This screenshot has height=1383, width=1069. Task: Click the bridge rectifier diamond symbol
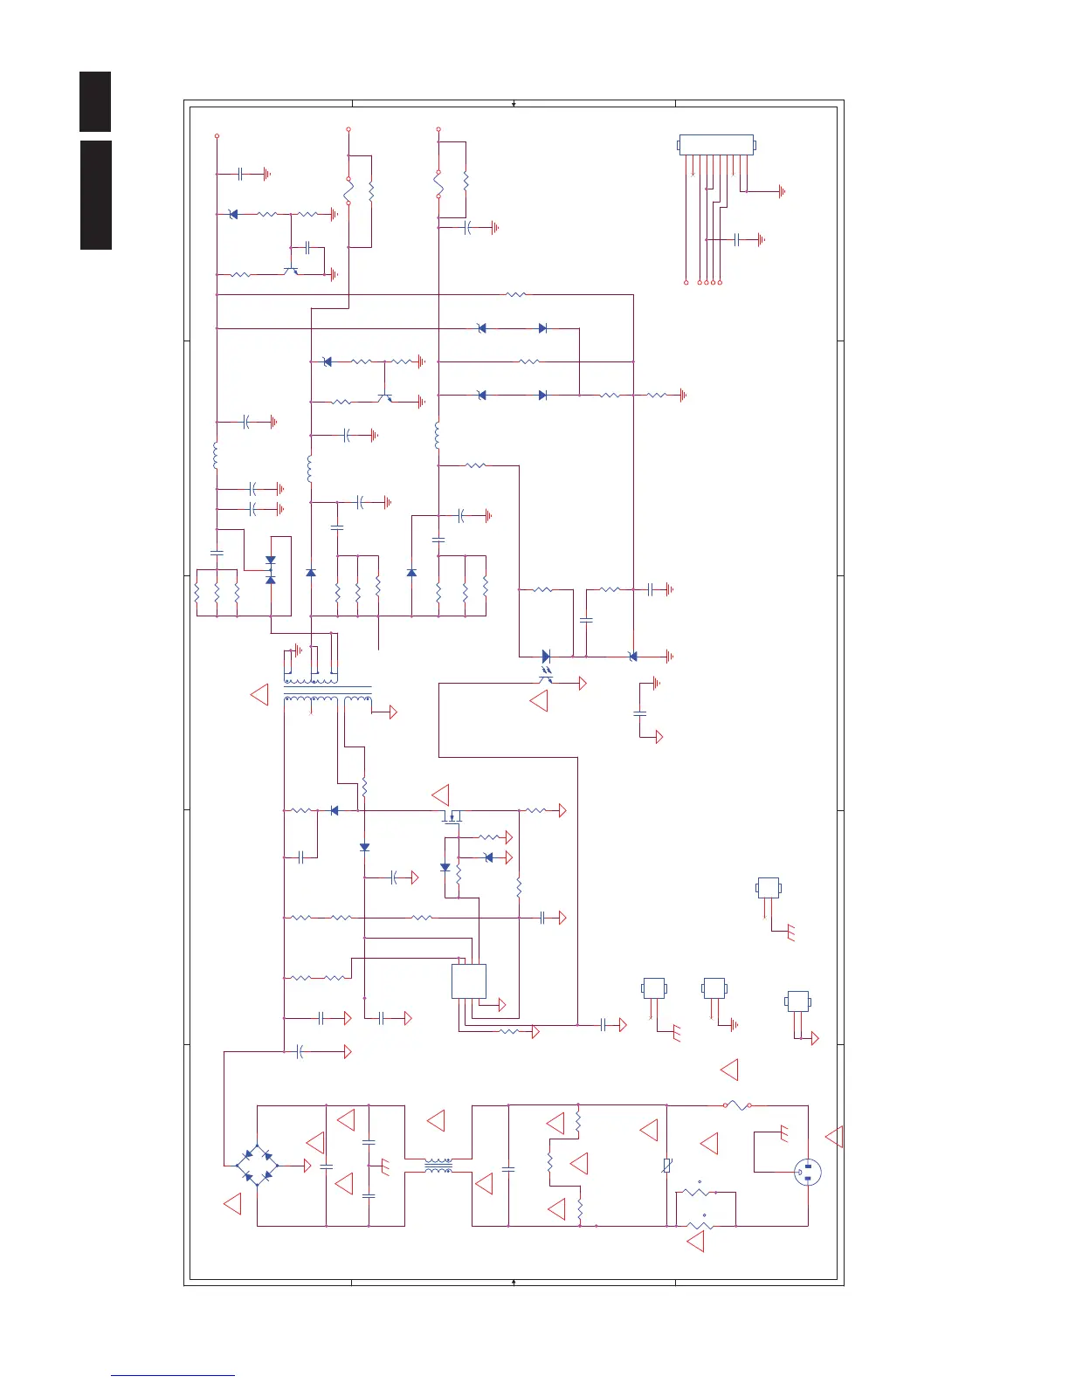258,1165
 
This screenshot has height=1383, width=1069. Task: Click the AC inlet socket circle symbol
808,1173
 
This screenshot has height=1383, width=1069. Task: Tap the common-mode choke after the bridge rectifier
438,1166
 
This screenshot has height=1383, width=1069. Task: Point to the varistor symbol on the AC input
666,1165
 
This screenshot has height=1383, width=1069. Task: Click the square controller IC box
469,981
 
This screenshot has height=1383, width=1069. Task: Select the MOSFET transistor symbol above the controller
452,816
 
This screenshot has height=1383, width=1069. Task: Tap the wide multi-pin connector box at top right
716,145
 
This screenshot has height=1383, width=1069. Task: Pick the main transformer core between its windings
328,689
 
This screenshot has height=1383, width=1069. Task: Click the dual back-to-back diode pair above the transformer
271,570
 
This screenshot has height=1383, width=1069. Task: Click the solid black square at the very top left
95,102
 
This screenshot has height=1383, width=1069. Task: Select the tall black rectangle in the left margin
96,195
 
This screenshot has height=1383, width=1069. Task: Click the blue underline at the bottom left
173,1375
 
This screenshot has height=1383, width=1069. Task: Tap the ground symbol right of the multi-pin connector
782,191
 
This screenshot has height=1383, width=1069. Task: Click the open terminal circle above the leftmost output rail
217,136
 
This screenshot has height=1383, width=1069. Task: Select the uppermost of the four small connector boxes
768,888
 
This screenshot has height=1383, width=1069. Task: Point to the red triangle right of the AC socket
835,1136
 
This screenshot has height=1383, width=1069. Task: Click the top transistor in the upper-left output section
292,272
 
